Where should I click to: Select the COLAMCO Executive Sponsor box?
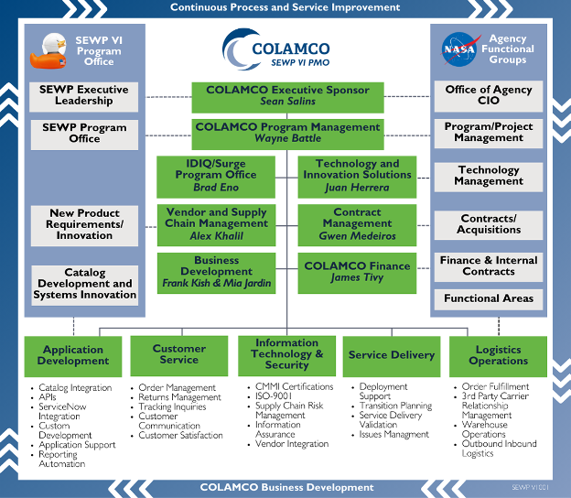pyautogui.click(x=287, y=96)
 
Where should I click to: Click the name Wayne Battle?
pyautogui.click(x=288, y=139)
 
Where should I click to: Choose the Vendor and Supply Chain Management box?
pyautogui.click(x=217, y=224)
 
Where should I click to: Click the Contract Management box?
pyautogui.click(x=357, y=224)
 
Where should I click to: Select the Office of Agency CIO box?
pyautogui.click(x=489, y=96)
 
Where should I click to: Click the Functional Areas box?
pyautogui.click(x=489, y=298)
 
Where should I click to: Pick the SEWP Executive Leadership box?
pyautogui.click(x=84, y=96)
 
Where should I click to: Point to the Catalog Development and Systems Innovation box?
pyautogui.click(x=84, y=284)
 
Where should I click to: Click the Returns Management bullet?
pyautogui.click(x=180, y=397)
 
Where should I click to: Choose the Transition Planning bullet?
pyautogui.click(x=395, y=406)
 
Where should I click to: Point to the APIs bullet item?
pyautogui.click(x=50, y=397)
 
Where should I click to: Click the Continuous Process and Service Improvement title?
pyautogui.click(x=285, y=7)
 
